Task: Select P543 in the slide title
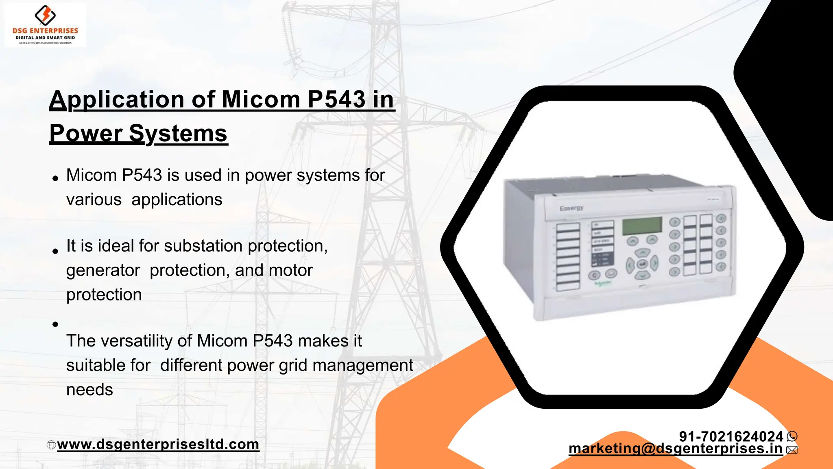[336, 99]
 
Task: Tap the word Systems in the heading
[178, 134]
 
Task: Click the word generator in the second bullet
[103, 270]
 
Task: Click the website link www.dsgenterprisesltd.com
[158, 444]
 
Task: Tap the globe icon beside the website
[51, 445]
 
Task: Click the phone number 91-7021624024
[731, 436]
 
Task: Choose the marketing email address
[675, 448]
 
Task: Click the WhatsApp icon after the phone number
[792, 436]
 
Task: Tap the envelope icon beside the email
[792, 449]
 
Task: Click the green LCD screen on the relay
[642, 226]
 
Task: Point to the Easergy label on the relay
[571, 208]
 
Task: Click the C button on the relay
[594, 275]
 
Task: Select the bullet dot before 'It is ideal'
[55, 251]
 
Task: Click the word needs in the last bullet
[89, 390]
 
